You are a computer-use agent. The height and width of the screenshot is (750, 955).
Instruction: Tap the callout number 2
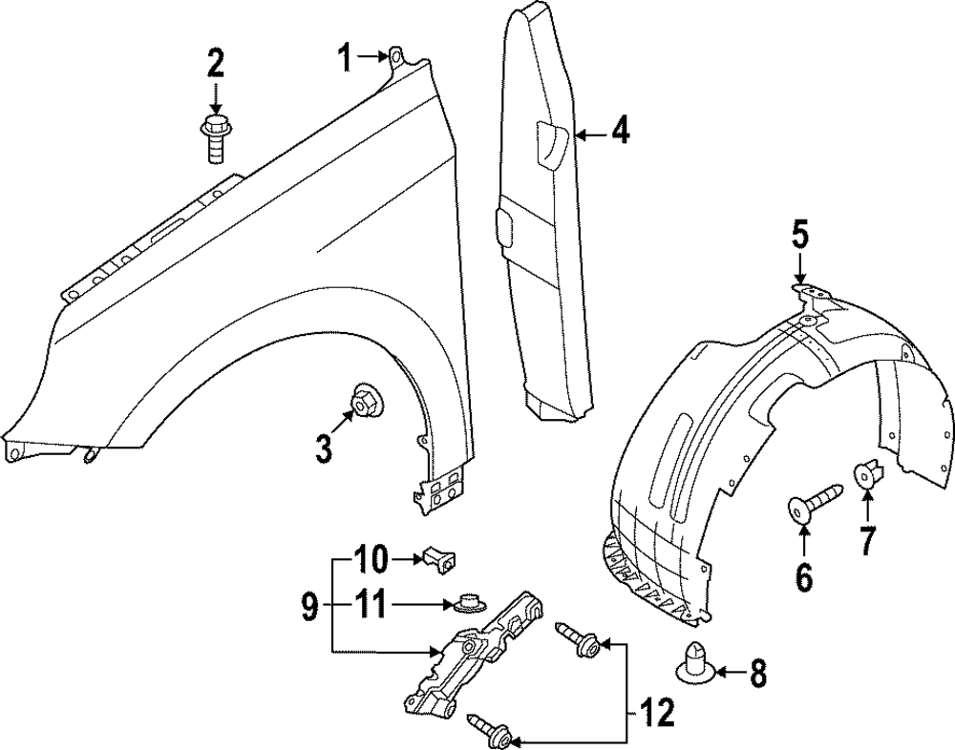pos(215,64)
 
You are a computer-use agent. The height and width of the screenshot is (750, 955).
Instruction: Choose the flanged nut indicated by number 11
pos(466,603)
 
